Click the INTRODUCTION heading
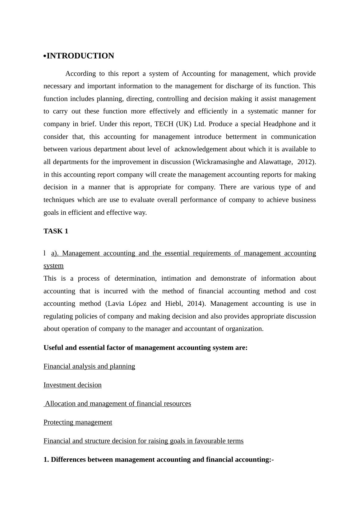80,56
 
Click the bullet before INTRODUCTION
45,56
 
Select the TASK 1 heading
56,231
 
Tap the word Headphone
279,124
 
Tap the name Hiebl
174,304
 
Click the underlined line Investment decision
72,385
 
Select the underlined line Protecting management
78,422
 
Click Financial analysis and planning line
89,366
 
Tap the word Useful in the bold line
53,348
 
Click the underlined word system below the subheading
53,266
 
